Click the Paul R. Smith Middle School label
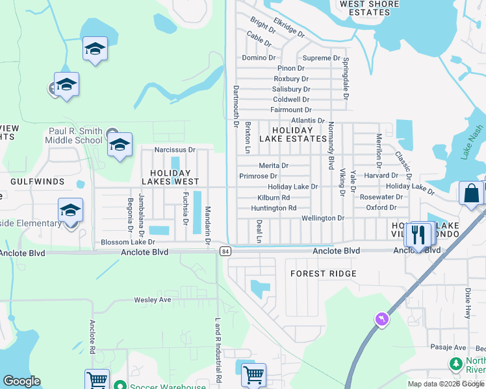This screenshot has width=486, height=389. (75, 136)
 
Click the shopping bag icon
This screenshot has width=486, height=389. (470, 194)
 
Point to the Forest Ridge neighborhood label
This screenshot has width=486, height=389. (323, 274)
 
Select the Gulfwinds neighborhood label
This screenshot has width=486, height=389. (37, 182)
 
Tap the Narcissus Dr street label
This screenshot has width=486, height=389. (175, 150)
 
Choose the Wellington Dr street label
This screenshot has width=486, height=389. (323, 218)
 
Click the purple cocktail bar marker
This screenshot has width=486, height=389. (381, 319)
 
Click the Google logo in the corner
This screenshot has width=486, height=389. (21, 381)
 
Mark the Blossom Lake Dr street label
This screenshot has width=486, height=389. (128, 242)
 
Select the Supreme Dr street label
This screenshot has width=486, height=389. (322, 58)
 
